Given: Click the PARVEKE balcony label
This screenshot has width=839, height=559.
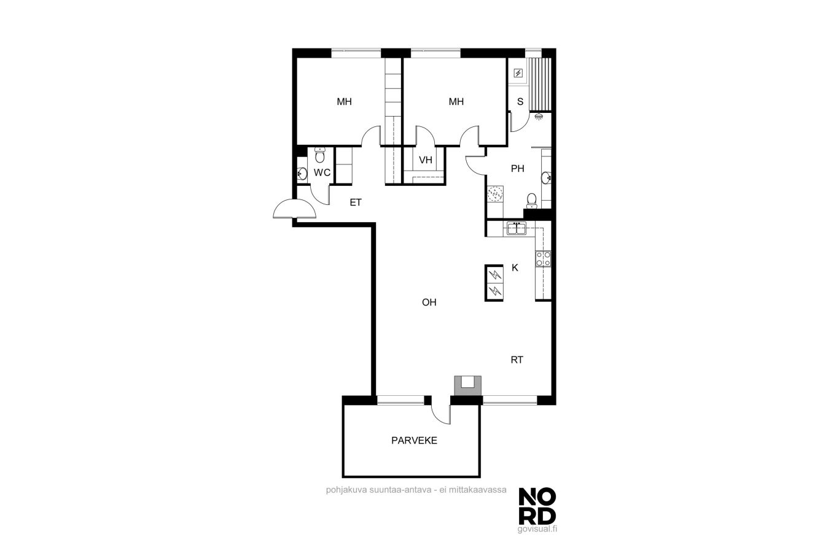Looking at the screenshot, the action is click(414, 441).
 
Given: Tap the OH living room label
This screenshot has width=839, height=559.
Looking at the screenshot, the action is click(429, 303).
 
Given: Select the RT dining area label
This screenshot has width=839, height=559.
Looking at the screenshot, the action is click(517, 360).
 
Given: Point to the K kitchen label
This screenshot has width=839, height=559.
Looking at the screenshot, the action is click(515, 268).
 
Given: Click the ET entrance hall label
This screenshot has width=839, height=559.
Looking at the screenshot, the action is click(356, 202).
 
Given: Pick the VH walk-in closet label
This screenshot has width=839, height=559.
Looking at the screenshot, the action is click(426, 160).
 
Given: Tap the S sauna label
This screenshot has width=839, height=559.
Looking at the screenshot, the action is click(520, 101).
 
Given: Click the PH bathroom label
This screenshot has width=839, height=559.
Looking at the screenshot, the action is click(518, 169).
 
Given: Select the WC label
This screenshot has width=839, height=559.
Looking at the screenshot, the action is click(322, 172).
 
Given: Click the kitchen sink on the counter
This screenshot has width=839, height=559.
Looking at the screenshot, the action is click(517, 228).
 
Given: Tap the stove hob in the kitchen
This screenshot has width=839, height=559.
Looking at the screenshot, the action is click(543, 258).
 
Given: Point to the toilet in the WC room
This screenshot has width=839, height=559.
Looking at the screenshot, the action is click(320, 155).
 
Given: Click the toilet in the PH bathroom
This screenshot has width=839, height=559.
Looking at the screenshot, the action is click(531, 201).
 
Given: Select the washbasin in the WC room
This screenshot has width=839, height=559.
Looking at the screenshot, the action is click(302, 173).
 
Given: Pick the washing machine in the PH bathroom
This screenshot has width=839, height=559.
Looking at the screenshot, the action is click(495, 194).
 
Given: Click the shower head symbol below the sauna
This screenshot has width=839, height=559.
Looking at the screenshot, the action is click(539, 117).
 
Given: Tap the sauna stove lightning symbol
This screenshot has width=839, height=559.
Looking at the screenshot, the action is click(518, 73).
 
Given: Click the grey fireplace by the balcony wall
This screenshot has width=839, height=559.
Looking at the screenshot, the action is click(467, 385).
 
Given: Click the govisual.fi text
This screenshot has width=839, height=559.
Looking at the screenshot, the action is click(537, 529).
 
